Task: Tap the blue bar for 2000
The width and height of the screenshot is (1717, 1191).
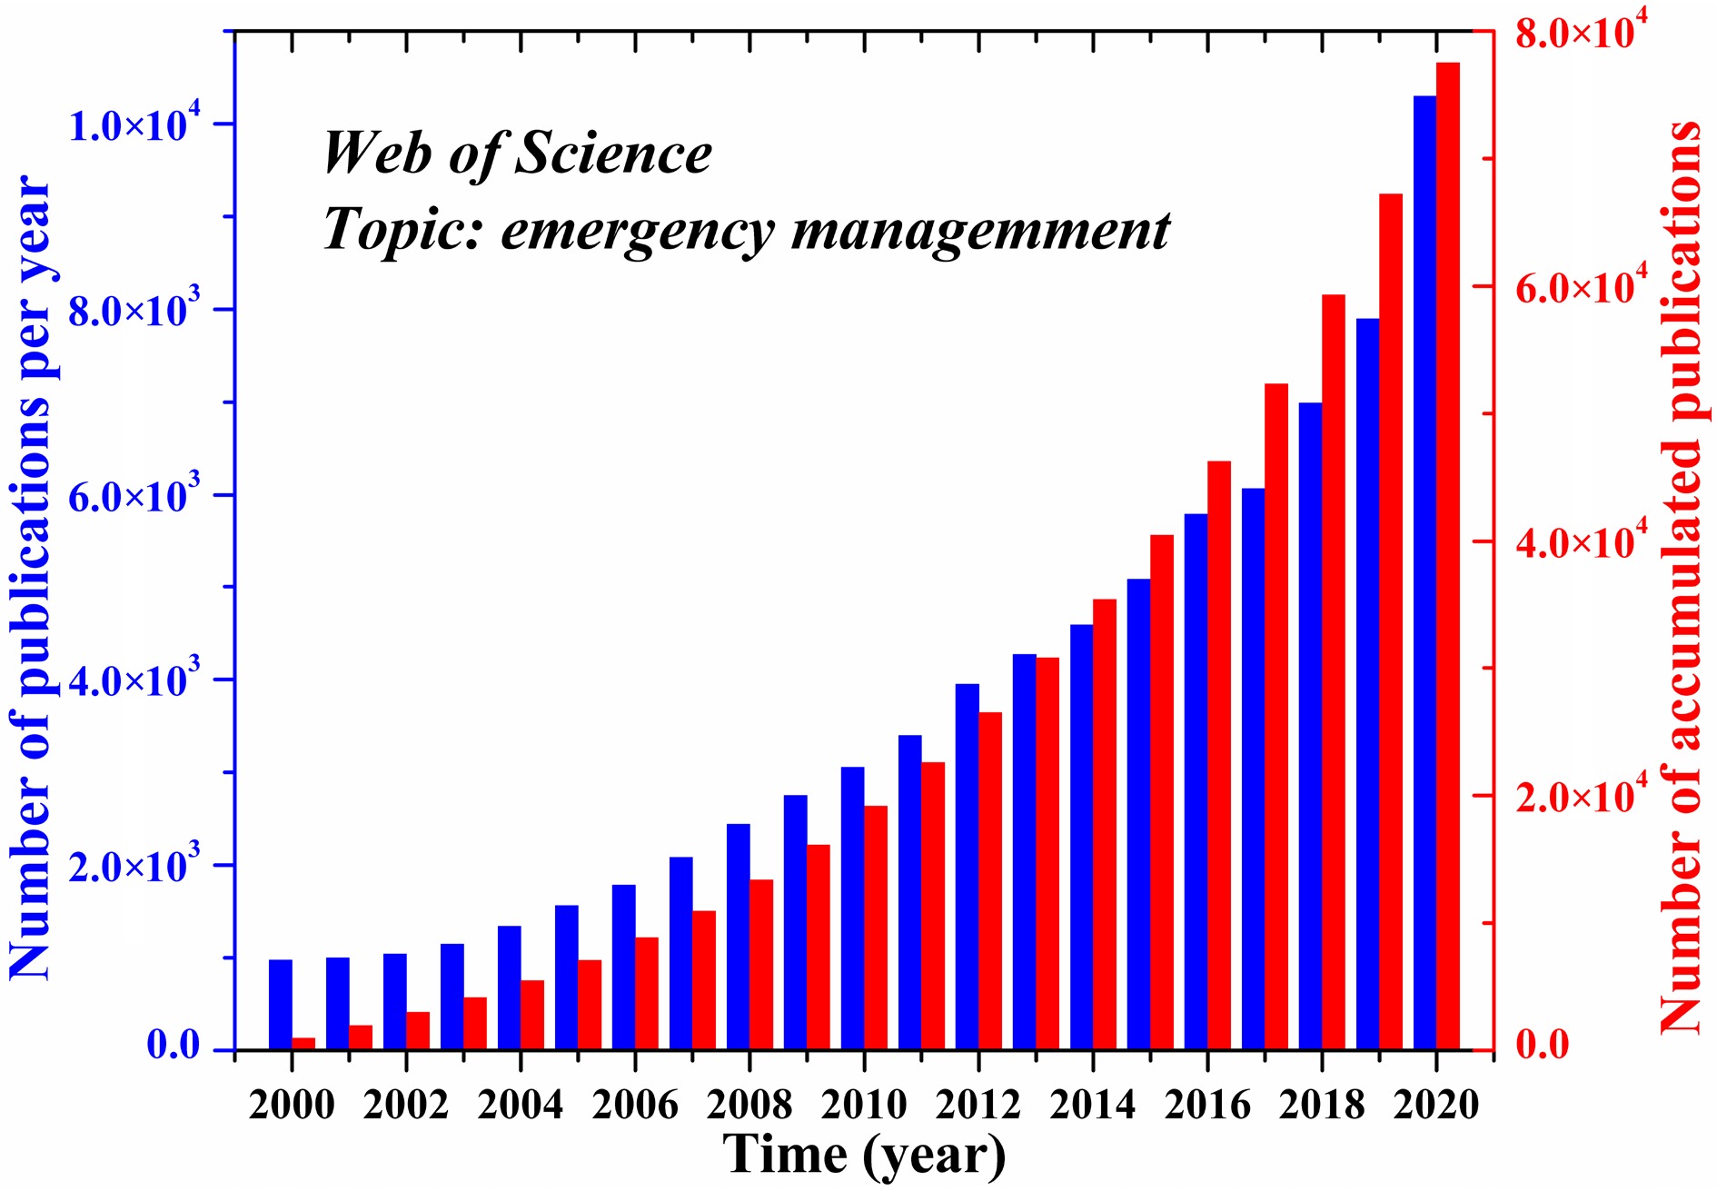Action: pyautogui.click(x=281, y=1005)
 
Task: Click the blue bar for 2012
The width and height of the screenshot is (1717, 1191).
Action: pyautogui.click(x=967, y=867)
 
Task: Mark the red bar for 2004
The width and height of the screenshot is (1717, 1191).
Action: pyautogui.click(x=531, y=1015)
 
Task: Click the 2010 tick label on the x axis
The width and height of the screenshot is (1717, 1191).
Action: pyautogui.click(x=863, y=1105)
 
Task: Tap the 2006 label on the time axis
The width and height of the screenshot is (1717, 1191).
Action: pyautogui.click(x=634, y=1105)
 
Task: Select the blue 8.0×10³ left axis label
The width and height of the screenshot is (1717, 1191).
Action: pyautogui.click(x=133, y=311)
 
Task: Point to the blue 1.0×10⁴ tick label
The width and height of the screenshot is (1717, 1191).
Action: pyautogui.click(x=133, y=125)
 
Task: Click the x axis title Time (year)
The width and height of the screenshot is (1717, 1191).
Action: pyautogui.click(x=864, y=1155)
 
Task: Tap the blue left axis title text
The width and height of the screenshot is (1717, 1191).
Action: pyautogui.click(x=31, y=578)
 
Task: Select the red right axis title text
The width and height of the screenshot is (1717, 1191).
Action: pyautogui.click(x=1681, y=578)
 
